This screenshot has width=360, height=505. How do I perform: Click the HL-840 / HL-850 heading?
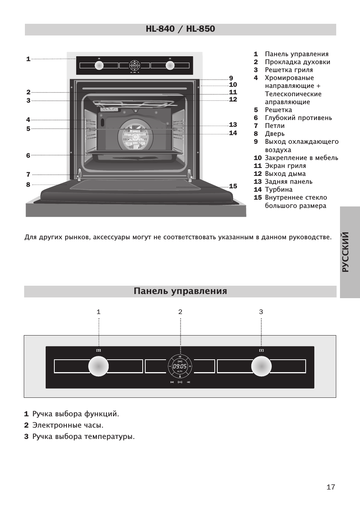point(180,29)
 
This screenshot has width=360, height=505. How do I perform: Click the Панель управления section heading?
point(180,291)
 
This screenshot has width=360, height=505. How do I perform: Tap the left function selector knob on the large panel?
point(98,366)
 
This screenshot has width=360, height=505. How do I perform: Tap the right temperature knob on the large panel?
point(261,366)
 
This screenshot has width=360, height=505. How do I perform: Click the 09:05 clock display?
point(180,366)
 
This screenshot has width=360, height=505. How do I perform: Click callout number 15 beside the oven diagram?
point(233,186)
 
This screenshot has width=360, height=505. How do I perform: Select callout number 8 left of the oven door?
point(28,185)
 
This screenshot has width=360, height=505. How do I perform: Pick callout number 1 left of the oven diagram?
point(28,59)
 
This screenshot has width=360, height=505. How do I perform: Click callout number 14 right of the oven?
point(233,133)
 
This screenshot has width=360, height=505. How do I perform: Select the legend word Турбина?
point(278,189)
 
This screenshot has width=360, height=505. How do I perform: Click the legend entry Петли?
point(275,126)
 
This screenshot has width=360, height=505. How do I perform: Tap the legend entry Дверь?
point(275,134)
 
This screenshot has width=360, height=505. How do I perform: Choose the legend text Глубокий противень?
point(298,118)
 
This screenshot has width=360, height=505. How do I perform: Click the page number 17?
point(331,487)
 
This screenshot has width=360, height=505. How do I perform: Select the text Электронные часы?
point(68,425)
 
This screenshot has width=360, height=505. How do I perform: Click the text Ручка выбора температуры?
point(83,436)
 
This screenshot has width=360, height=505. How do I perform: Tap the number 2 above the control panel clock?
point(180,312)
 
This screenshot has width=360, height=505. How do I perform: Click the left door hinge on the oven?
point(79,173)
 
